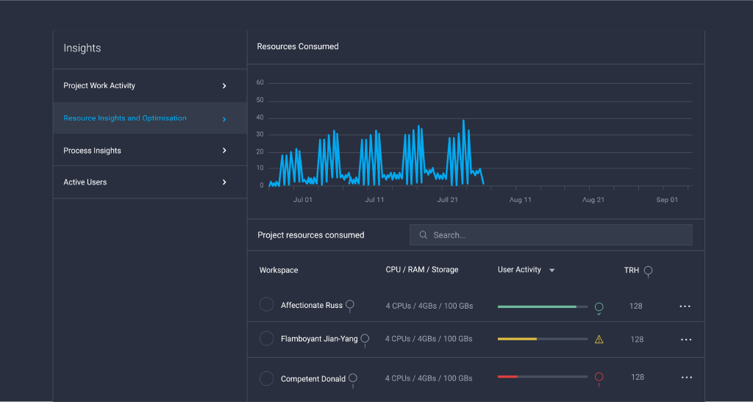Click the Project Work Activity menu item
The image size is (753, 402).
point(99,86)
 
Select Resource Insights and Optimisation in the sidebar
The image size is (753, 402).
point(125,118)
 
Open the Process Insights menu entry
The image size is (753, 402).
point(93,151)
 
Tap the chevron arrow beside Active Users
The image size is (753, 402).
point(224,182)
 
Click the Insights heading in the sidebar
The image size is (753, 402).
point(82,49)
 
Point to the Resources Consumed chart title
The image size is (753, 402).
point(298,46)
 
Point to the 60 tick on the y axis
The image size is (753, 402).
point(260,83)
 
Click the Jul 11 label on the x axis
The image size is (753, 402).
point(374,200)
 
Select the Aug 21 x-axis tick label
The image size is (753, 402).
point(593,200)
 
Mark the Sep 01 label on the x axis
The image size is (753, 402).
point(667,200)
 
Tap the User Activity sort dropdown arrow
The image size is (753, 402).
point(552,270)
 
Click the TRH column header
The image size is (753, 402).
point(632,270)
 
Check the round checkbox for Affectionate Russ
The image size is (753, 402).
point(267,304)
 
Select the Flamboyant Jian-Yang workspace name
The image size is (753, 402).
point(319,340)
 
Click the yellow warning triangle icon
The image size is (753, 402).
point(599,340)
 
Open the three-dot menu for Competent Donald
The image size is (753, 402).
point(687,378)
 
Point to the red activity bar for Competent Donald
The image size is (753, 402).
point(507,376)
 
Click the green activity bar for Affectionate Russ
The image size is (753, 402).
point(537,306)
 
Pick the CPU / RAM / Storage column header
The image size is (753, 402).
point(421,270)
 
